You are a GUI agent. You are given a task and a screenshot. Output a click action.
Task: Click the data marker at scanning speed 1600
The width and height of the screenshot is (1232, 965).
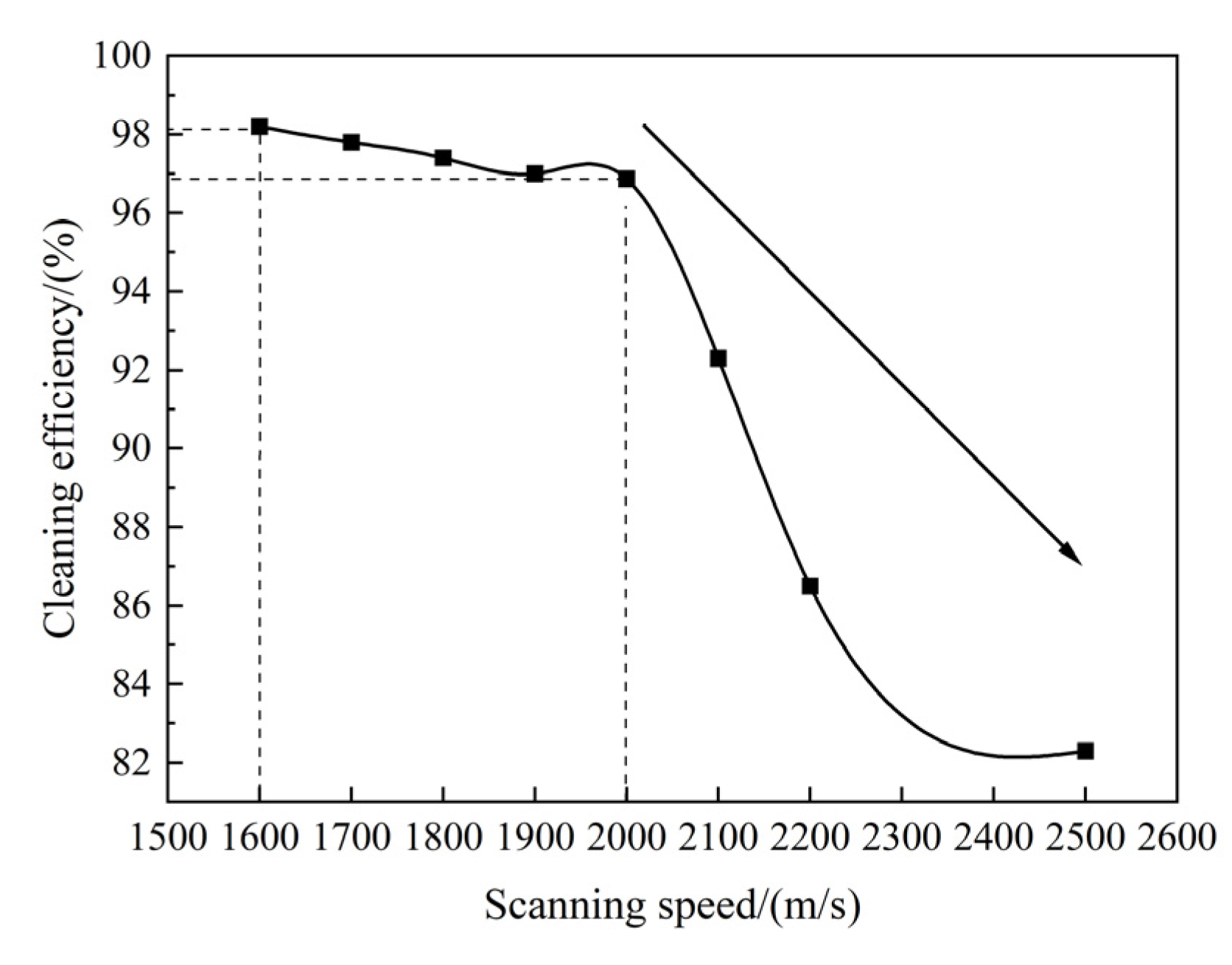click(x=259, y=126)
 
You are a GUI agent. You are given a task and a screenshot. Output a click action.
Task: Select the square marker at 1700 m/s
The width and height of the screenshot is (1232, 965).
click(x=351, y=142)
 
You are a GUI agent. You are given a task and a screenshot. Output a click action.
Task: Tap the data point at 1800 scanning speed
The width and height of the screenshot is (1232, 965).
click(x=443, y=158)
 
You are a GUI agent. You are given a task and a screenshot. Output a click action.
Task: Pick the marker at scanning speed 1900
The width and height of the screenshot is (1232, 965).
click(x=535, y=174)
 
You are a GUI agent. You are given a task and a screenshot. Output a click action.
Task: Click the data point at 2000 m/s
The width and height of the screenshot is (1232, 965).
click(x=626, y=178)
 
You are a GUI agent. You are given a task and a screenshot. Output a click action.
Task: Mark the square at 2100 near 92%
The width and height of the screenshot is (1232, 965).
click(x=718, y=359)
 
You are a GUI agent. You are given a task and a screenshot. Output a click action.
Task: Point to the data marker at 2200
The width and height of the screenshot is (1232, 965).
click(x=810, y=586)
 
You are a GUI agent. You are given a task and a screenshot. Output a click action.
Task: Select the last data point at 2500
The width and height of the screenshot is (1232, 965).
click(x=1085, y=751)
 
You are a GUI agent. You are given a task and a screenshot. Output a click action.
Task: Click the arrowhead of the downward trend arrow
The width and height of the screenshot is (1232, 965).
click(x=1072, y=554)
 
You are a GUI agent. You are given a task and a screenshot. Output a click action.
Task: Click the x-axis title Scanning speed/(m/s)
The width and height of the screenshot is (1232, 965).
click(x=672, y=905)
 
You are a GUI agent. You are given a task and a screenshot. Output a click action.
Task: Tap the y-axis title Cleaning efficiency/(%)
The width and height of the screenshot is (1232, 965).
click(x=62, y=427)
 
